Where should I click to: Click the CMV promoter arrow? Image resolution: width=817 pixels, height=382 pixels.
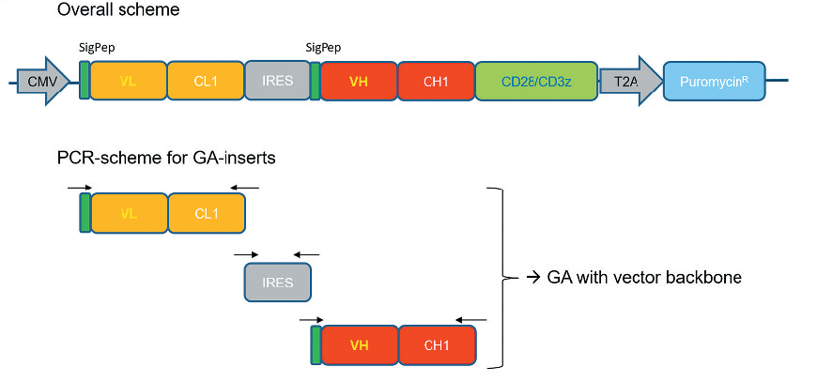(x=43, y=82)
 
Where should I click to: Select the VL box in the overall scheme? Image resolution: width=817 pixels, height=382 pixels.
(x=129, y=82)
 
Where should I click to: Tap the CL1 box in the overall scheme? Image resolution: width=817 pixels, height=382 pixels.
(x=206, y=82)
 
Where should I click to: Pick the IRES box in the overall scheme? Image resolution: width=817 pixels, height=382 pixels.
(x=277, y=82)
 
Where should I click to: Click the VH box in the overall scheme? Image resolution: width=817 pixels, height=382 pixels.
(x=359, y=82)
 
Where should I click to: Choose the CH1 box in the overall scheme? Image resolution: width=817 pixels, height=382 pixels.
(x=436, y=82)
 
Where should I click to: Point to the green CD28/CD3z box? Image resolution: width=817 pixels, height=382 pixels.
(x=536, y=82)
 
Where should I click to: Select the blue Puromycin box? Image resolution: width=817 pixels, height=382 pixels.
(x=714, y=82)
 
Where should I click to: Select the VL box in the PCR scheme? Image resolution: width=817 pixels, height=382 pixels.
(x=129, y=213)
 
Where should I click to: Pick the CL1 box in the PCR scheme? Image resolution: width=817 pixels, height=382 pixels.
(x=206, y=213)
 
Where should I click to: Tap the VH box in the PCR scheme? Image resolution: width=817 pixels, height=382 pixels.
(x=359, y=344)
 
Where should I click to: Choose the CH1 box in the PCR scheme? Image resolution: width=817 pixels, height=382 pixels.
(x=437, y=344)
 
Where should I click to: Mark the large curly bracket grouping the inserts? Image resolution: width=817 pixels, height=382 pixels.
(x=500, y=277)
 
